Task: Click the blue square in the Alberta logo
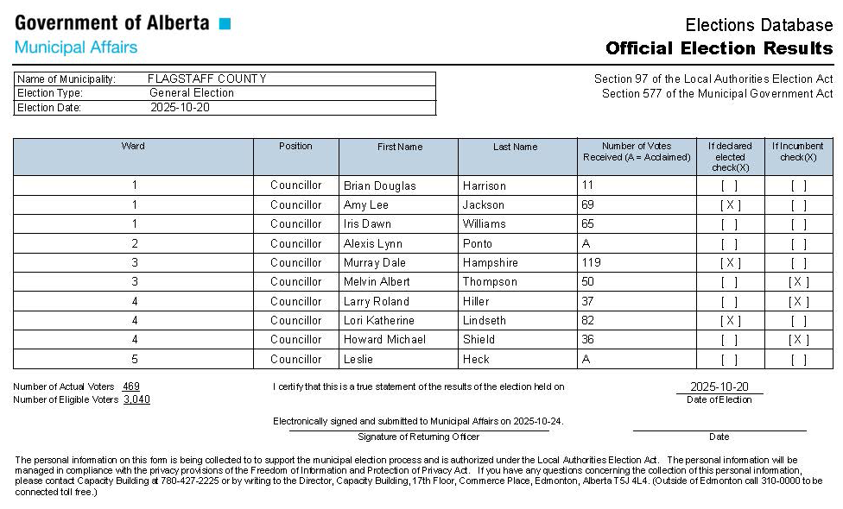point(225,23)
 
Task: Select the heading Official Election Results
point(719,47)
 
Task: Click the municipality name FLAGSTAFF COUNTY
point(206,79)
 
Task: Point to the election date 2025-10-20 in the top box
point(180,108)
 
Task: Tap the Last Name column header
point(515,147)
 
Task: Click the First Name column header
point(400,147)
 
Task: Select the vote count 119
point(592,262)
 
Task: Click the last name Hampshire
point(490,262)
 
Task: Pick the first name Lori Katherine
point(379,320)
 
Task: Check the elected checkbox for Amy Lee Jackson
point(730,204)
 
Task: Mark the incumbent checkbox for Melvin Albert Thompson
point(799,282)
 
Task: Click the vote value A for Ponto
point(587,243)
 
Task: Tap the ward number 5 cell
point(134,359)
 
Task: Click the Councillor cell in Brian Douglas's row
point(295,185)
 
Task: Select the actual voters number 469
point(131,386)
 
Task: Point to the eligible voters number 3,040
point(136,399)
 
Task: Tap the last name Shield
point(479,339)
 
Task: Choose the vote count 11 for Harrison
point(588,185)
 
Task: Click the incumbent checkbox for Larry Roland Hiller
point(799,301)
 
